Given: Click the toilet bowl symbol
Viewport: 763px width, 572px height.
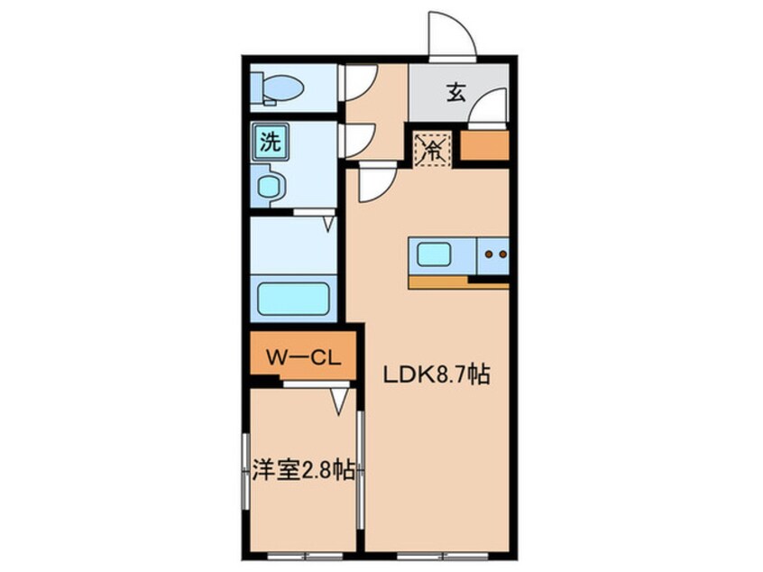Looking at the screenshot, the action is tap(278, 88).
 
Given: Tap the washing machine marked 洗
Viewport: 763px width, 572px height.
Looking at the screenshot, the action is tap(271, 141).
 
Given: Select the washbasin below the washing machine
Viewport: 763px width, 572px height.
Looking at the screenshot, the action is tap(268, 186).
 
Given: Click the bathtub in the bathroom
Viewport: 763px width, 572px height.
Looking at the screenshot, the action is tap(293, 299).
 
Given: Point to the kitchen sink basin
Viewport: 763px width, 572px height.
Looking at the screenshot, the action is tap(434, 255).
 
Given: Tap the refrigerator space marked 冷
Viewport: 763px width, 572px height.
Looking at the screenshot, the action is tap(432, 149).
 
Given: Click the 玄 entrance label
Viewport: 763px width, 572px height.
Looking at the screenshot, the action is tap(456, 93).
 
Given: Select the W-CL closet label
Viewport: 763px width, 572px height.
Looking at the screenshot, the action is tap(303, 358).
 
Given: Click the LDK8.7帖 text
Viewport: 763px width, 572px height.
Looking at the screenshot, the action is tap(436, 374).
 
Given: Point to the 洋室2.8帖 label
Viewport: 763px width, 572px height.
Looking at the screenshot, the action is tap(303, 471).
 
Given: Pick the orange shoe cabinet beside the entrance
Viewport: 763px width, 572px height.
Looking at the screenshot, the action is tap(484, 145).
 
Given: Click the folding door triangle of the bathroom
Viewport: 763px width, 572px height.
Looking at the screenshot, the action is tap(330, 224).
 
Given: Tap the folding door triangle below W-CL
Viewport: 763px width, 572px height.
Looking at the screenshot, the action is tap(340, 402).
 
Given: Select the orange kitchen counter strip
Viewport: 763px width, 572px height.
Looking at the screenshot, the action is tap(459, 282).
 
